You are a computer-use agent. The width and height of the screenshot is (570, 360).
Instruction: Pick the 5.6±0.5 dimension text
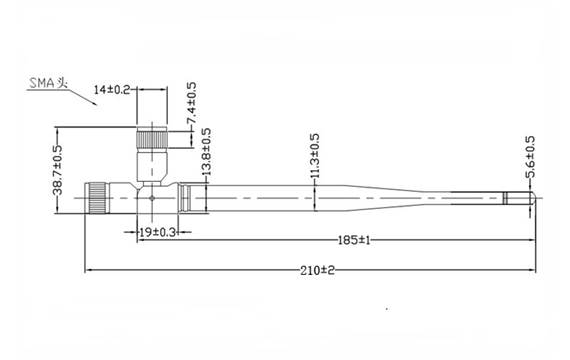pyautogui.click(x=530, y=157)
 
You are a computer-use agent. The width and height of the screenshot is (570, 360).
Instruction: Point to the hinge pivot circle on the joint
pyautogui.click(x=151, y=197)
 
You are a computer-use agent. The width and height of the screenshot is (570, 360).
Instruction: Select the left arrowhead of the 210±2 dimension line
pyautogui.click(x=89, y=270)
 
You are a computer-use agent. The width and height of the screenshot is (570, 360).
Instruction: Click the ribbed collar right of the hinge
pyautogui.click(x=189, y=197)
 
